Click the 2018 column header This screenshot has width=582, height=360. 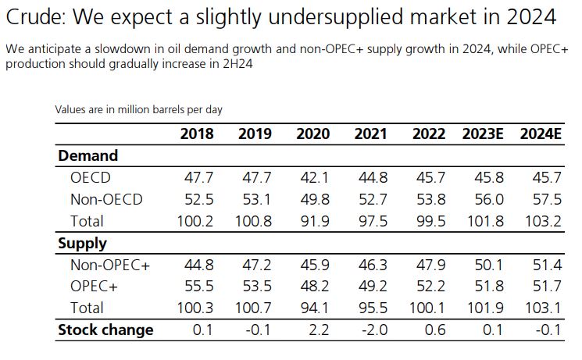[x=196, y=134]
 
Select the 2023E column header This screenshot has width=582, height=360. [x=482, y=134]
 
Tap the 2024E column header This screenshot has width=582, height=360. [x=541, y=134]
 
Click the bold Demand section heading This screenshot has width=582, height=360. [x=88, y=155]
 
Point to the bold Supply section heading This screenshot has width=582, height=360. [x=83, y=243]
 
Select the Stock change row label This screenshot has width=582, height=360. [x=105, y=330]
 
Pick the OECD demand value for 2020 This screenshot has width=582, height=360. [x=312, y=177]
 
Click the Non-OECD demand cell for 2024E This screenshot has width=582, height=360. [x=546, y=199]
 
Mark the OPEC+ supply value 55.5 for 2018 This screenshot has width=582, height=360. [x=196, y=287]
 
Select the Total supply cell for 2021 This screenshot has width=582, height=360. [x=371, y=308]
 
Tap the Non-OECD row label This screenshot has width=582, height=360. [x=106, y=199]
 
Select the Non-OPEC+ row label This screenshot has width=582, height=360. [x=110, y=265]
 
